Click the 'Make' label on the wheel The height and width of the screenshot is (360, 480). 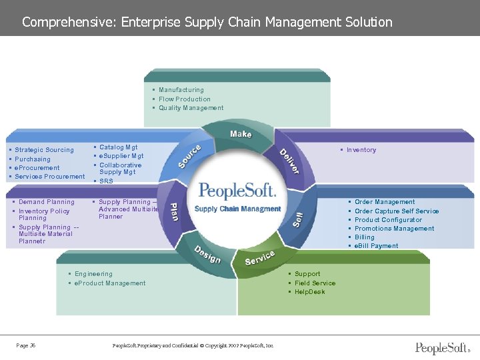(241, 134)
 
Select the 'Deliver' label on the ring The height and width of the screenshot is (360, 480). (289, 161)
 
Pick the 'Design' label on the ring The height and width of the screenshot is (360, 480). (207, 254)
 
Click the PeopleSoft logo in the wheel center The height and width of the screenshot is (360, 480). (237, 191)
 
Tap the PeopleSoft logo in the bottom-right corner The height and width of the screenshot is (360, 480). (443, 347)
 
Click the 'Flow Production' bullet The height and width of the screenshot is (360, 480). (184, 99)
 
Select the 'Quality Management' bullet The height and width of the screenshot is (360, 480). (191, 108)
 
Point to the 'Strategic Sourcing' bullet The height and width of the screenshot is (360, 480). (44, 150)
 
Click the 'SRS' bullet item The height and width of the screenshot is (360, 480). (106, 181)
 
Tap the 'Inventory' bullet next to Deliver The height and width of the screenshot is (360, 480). (361, 150)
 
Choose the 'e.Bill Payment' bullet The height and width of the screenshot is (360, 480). (376, 246)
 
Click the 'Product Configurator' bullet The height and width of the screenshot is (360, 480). (388, 220)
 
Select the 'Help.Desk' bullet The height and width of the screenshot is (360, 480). (309, 292)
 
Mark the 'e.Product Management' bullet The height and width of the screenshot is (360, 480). (110, 283)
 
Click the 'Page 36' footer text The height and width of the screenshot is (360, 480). (26, 345)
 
